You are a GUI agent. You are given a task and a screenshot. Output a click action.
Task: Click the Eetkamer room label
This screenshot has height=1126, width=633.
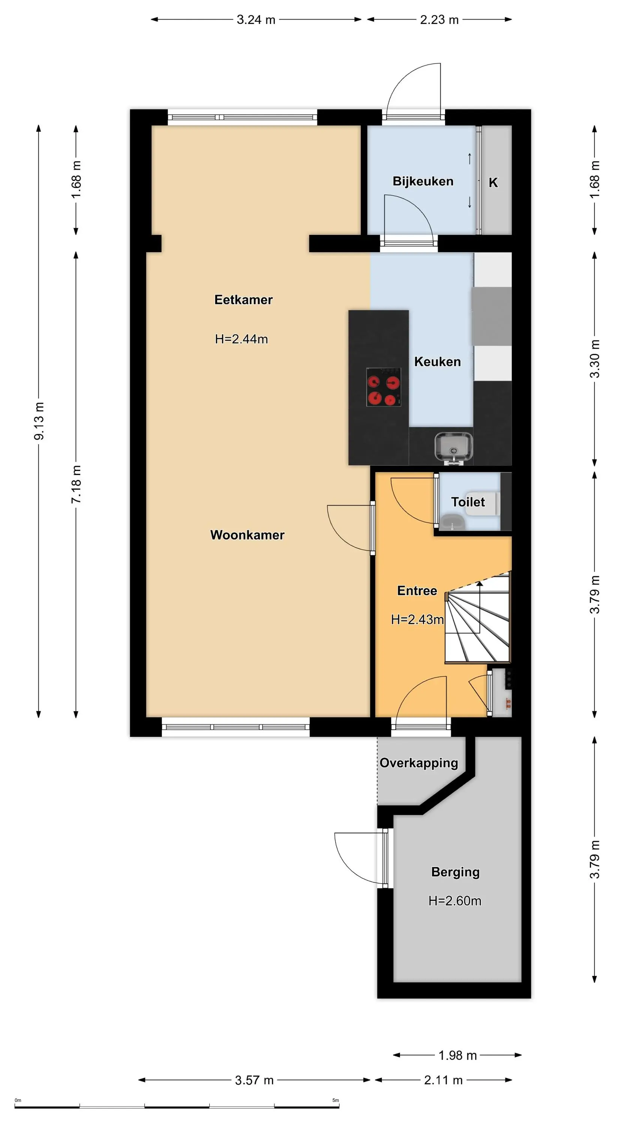pyautogui.click(x=243, y=300)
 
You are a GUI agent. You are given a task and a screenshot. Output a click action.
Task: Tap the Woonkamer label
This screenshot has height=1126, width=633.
pyautogui.click(x=247, y=535)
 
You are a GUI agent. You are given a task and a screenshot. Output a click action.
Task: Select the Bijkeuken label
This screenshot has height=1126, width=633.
pyautogui.click(x=423, y=181)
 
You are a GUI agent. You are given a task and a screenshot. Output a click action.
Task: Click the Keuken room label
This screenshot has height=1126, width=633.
pyautogui.click(x=437, y=361)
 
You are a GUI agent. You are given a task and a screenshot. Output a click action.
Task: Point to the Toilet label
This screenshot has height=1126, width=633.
pyautogui.click(x=468, y=502)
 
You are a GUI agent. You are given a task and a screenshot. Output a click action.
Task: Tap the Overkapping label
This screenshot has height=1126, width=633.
pyautogui.click(x=418, y=763)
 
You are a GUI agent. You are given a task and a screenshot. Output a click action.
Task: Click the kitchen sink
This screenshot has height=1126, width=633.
pyautogui.click(x=454, y=448)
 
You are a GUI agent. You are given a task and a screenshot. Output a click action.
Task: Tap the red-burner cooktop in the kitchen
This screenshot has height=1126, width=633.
pyautogui.click(x=384, y=387)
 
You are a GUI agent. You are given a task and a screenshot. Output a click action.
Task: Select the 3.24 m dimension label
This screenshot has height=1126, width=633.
pyautogui.click(x=256, y=20)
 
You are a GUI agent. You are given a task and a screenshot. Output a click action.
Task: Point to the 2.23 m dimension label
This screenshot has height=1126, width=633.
pyautogui.click(x=439, y=20)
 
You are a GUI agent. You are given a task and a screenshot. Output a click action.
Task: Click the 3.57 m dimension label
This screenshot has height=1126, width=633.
pyautogui.click(x=254, y=1080)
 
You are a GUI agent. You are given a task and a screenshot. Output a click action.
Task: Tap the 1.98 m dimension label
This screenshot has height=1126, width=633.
pyautogui.click(x=457, y=1055)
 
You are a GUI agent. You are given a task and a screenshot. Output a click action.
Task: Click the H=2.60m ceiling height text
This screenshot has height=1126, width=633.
pyautogui.click(x=455, y=901)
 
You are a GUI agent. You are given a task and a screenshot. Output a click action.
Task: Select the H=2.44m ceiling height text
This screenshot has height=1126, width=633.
pyautogui.click(x=241, y=339)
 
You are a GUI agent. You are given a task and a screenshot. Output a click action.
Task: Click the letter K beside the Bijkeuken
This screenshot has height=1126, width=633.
pyautogui.click(x=493, y=182)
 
